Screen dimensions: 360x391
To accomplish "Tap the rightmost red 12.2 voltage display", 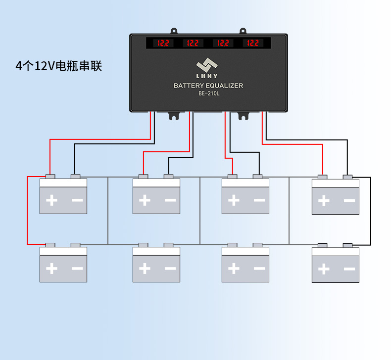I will (x=253, y=43).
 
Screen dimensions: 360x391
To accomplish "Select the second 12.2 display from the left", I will (x=193, y=43).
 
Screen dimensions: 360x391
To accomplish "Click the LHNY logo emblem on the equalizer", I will (x=208, y=65).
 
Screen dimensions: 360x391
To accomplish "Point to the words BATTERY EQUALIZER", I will (x=208, y=86).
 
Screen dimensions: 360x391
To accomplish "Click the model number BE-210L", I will (x=208, y=93).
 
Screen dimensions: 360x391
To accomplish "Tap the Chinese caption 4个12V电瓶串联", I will (x=59, y=66).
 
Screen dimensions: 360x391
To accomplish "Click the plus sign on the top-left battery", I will (x=51, y=200).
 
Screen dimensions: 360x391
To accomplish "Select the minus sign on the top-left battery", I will (x=77, y=200).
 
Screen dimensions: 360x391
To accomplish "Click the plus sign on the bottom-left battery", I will (x=51, y=269).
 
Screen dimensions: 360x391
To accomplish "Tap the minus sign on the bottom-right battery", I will (x=349, y=269).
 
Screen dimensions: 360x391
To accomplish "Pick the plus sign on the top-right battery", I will (x=324, y=201).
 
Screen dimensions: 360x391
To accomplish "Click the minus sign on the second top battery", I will (x=170, y=200).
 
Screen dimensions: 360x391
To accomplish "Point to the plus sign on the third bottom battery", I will (x=234, y=269).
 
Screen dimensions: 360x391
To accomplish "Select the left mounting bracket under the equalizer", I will (x=174, y=116).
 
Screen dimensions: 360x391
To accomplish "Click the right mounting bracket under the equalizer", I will (x=243, y=116).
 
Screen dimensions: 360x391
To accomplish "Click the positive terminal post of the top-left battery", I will (x=50, y=176).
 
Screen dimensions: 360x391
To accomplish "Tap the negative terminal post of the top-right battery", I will (x=347, y=177).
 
